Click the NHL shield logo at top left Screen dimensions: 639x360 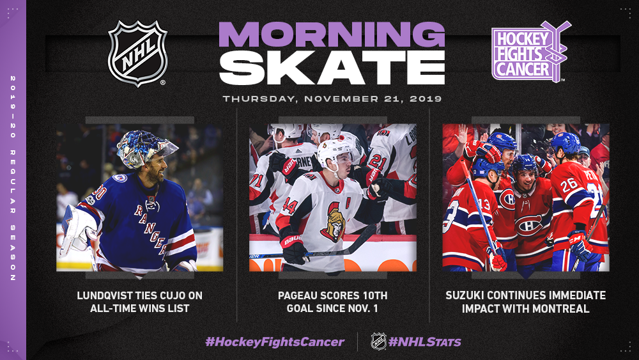(138, 53)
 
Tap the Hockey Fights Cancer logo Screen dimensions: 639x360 (530, 51)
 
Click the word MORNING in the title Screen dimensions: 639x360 (332, 35)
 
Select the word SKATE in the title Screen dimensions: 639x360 (332, 68)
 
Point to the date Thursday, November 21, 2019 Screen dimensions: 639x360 (332, 98)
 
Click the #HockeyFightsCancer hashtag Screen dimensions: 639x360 (275, 341)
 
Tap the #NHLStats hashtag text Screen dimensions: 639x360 (424, 341)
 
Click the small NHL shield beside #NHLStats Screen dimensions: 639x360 (378, 341)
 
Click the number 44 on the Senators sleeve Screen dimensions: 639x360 (289, 206)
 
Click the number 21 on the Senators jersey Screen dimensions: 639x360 (378, 162)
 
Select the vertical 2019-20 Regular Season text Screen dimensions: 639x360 (13, 178)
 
